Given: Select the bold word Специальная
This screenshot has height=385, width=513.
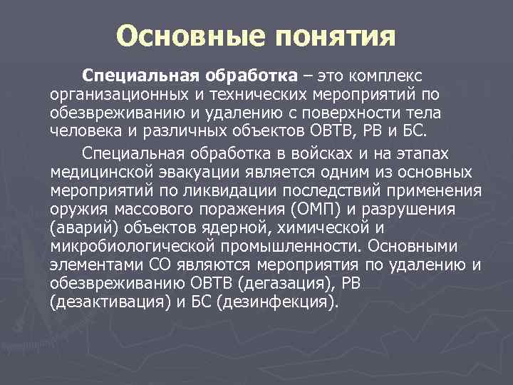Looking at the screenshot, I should coord(142,75).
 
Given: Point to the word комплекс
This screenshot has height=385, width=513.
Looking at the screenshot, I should coord(388,75).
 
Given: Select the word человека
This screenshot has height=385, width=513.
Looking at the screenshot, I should coord(83,131).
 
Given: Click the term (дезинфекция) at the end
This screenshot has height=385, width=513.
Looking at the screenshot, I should coord(276,302).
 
